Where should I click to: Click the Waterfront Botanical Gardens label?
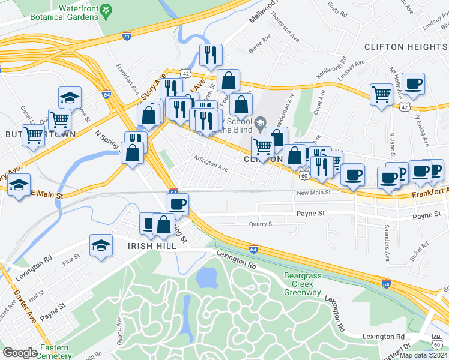point(64,13)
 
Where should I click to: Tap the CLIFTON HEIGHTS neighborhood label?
point(405,47)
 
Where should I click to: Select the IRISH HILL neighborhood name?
point(152,246)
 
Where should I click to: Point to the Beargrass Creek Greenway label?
point(302,284)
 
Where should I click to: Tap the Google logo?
point(20,353)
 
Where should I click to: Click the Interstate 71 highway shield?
point(127,37)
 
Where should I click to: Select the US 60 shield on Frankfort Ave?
point(304,175)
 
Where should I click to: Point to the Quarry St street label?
point(261,224)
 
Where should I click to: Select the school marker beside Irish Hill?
point(101,245)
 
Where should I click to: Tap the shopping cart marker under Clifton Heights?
point(381,94)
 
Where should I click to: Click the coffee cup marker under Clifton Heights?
point(413,84)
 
